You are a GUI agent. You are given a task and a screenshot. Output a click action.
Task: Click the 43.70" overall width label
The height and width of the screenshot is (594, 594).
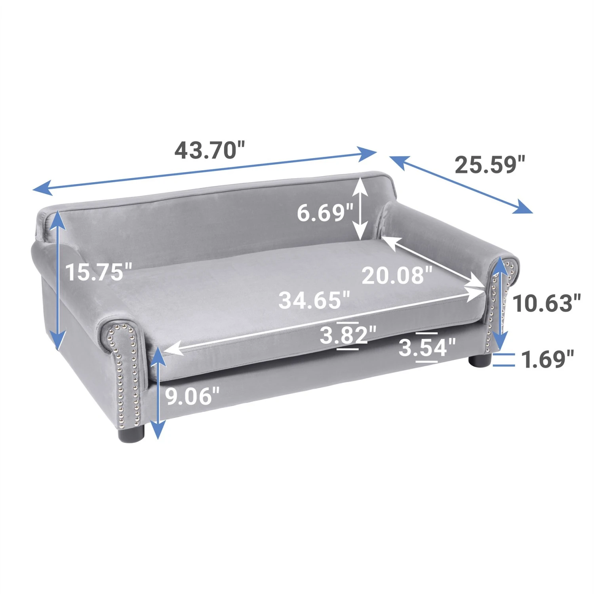point(210,150)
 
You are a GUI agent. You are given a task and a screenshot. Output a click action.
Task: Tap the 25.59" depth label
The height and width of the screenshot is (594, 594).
point(490,165)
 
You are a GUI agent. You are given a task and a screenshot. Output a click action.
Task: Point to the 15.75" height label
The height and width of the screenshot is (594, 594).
point(98,272)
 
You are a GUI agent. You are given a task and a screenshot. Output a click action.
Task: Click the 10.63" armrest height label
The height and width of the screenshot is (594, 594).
point(546,303)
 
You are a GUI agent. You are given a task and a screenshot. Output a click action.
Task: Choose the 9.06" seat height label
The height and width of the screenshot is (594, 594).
point(192,396)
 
